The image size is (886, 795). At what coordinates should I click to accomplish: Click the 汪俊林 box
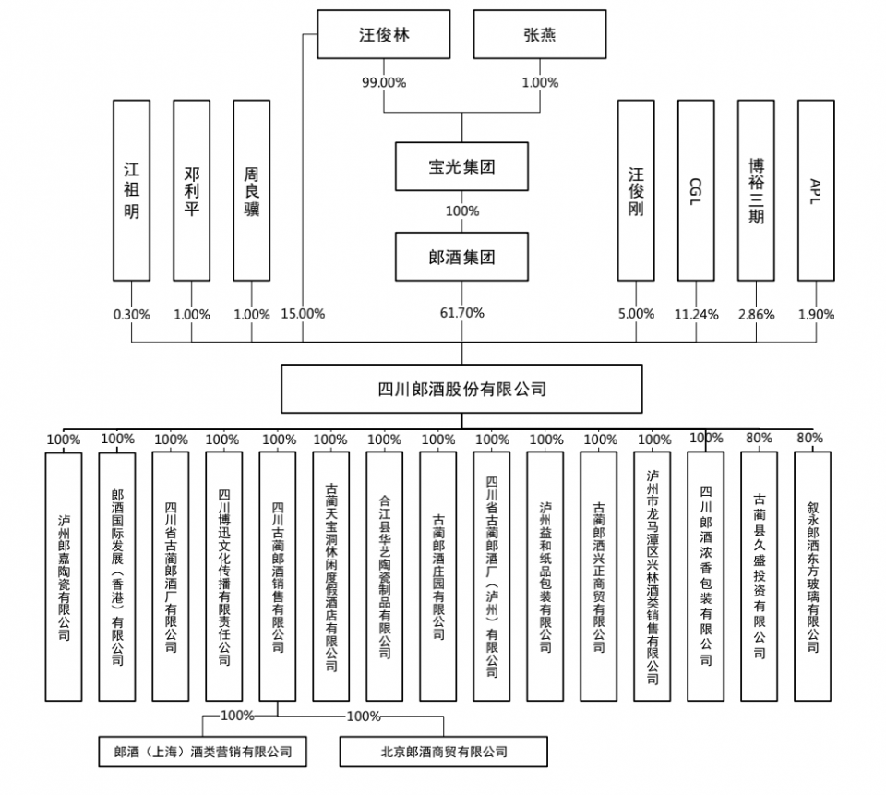click(x=384, y=36)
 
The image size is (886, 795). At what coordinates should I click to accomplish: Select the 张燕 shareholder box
click(x=539, y=36)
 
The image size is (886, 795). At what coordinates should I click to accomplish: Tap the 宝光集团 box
click(x=461, y=167)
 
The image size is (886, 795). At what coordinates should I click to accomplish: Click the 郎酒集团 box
click(x=461, y=257)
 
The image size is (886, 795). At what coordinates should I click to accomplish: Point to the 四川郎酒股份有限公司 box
click(x=461, y=389)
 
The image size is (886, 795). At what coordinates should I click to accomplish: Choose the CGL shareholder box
click(x=696, y=190)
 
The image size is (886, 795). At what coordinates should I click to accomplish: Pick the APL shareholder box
click(x=816, y=190)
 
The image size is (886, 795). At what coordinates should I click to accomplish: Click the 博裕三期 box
click(x=756, y=190)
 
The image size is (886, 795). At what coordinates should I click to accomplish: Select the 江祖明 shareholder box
click(x=131, y=190)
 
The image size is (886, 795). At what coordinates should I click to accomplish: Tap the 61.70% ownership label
click(x=462, y=313)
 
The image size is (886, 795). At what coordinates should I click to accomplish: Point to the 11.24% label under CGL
click(x=696, y=314)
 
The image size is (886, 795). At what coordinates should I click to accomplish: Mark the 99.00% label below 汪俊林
click(x=384, y=82)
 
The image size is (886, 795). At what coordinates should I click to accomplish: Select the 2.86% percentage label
click(x=757, y=314)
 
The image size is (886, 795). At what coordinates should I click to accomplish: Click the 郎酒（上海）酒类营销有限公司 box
click(x=202, y=752)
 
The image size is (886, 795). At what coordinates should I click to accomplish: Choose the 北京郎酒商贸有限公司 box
click(x=443, y=752)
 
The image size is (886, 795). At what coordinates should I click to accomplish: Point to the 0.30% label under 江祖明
click(x=131, y=314)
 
